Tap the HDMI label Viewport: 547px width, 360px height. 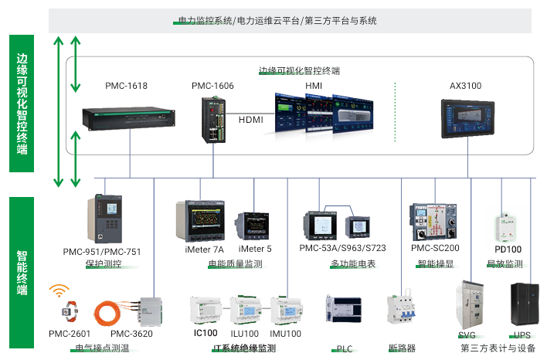click(251, 120)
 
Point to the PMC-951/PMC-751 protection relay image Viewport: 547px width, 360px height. click(107, 219)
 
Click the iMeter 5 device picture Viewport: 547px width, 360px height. click(254, 225)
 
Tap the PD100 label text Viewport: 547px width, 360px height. click(508, 250)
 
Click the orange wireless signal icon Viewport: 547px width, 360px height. click(59, 292)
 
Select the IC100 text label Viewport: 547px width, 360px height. click(206, 334)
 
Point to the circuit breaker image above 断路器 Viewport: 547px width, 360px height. click(401, 312)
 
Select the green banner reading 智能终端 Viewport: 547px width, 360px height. click(21, 271)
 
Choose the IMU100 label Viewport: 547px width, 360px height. click(285, 334)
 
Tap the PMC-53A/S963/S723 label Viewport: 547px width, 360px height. click(342, 249)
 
